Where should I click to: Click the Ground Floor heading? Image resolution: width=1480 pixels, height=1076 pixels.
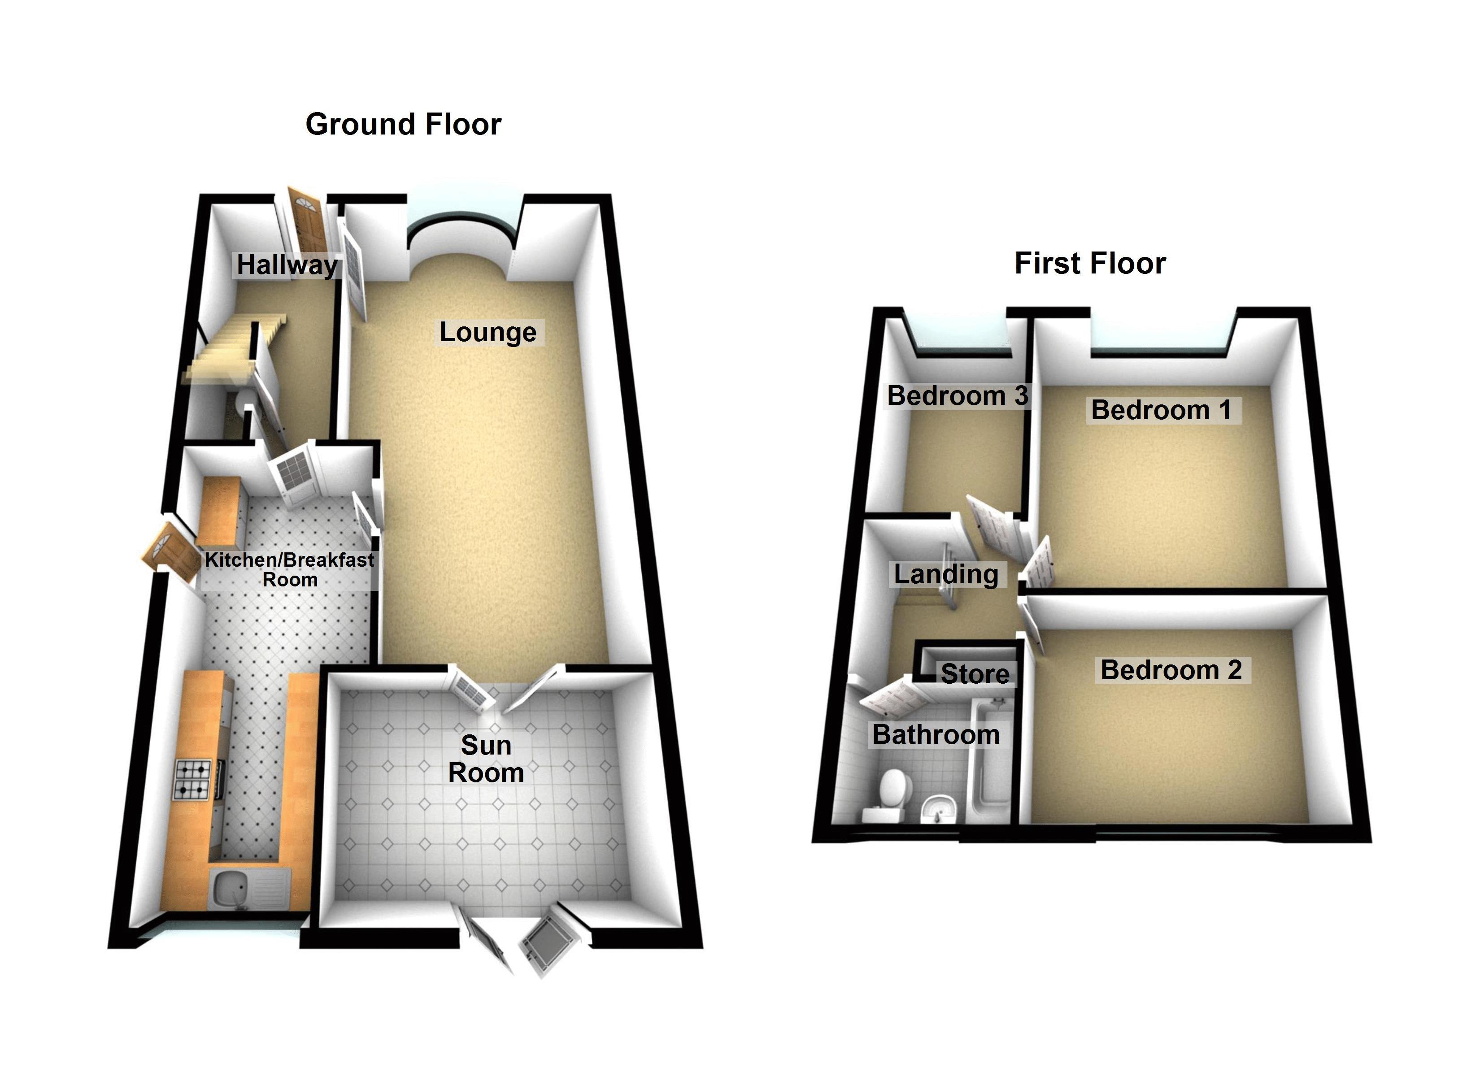(403, 124)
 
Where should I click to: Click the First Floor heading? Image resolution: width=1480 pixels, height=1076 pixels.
(1090, 263)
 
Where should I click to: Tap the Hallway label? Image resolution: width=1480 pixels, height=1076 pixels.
(287, 265)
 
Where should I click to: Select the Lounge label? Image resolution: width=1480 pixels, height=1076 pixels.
(488, 332)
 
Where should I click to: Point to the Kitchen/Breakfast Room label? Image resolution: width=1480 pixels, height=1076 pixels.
(290, 569)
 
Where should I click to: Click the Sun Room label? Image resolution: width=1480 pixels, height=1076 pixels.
(486, 759)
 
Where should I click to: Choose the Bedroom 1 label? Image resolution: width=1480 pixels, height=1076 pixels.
(1161, 410)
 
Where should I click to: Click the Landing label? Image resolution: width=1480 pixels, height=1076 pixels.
(945, 574)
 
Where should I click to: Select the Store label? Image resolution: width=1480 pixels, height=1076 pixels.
(975, 673)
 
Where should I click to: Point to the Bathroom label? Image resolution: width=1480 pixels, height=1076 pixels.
(936, 735)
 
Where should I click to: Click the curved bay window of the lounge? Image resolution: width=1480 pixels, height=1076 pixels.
(465, 222)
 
